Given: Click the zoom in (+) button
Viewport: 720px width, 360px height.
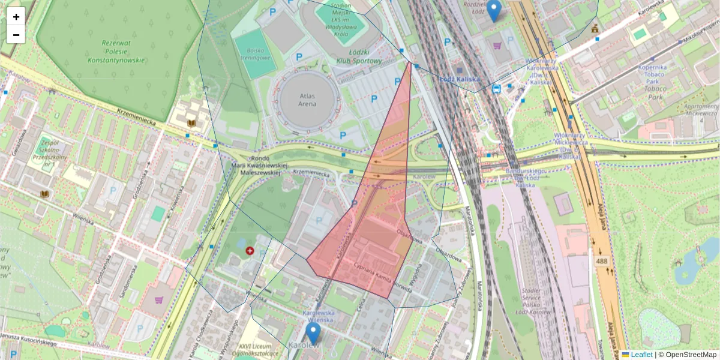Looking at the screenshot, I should pyautogui.click(x=16, y=16).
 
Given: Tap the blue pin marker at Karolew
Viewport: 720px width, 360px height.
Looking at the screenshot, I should pyautogui.click(x=313, y=333).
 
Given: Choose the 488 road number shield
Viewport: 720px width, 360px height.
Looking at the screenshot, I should pyautogui.click(x=602, y=262).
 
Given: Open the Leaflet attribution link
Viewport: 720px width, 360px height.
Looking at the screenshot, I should pyautogui.click(x=641, y=355).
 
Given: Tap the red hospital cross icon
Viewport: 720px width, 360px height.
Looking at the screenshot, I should pyautogui.click(x=250, y=251).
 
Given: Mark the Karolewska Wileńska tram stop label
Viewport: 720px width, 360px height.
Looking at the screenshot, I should pyautogui.click(x=317, y=316).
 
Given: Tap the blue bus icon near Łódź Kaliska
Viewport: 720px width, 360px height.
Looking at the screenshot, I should pyautogui.click(x=497, y=89).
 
